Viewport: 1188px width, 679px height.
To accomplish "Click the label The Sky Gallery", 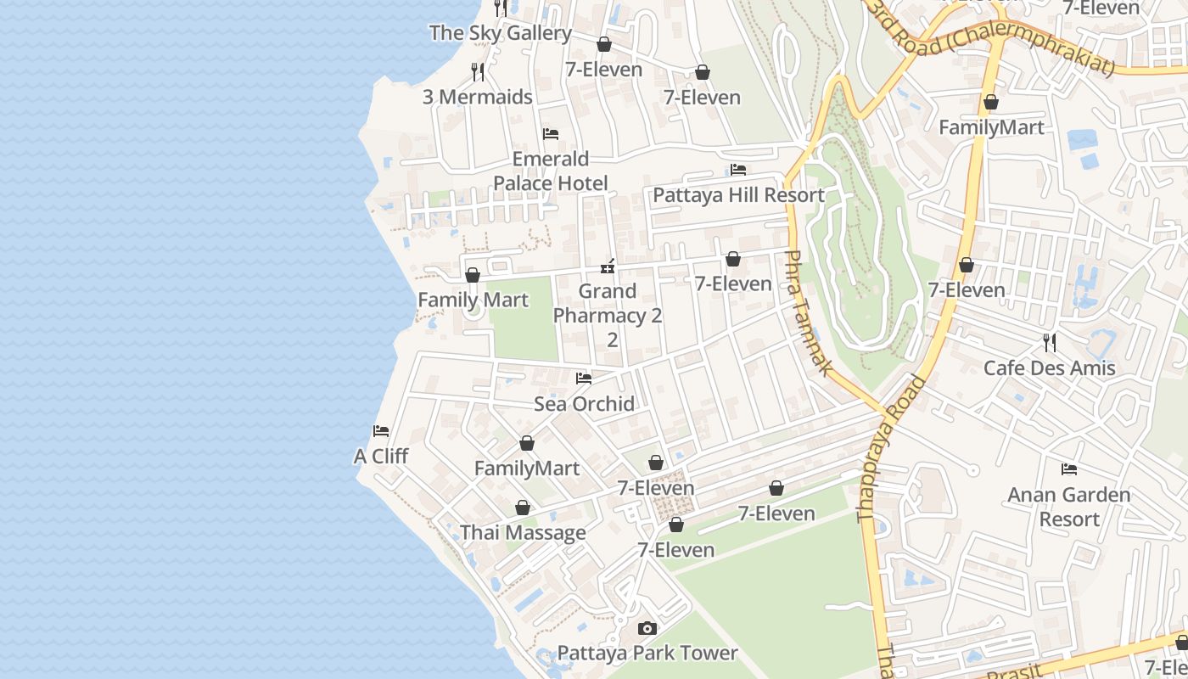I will coord(500,33).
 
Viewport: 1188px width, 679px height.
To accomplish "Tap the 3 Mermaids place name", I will coord(478,97).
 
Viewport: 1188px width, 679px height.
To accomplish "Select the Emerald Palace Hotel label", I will coord(551,171).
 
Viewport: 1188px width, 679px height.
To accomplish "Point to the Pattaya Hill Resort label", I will coord(738,195).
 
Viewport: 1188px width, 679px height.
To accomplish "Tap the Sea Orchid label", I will coord(584,404).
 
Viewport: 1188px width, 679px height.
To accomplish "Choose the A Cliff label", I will coord(381,457).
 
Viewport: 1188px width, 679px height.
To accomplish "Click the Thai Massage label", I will coord(523,533).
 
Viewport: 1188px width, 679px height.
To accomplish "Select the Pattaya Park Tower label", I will coord(647,653).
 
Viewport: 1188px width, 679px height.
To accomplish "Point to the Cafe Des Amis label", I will coord(1050,368).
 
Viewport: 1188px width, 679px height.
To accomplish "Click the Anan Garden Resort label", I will coord(1069,507).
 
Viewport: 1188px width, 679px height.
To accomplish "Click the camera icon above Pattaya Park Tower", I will coord(647,629).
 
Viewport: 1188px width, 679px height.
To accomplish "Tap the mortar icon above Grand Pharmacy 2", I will coord(608,267).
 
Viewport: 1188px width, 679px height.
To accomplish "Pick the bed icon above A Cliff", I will coord(381,431).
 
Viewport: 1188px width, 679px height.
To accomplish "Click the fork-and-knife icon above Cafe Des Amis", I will coord(1050,343).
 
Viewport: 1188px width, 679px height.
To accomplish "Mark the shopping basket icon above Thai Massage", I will coord(523,508).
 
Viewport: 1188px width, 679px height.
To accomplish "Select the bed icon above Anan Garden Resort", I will coord(1069,469).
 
